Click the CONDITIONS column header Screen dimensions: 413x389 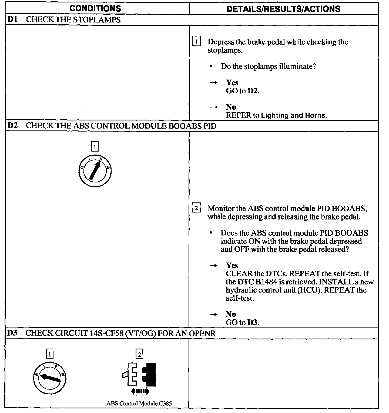click(95, 9)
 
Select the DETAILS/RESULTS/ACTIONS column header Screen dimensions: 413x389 click(283, 9)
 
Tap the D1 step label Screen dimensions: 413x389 click(12, 20)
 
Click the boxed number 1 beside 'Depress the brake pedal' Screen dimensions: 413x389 click(196, 42)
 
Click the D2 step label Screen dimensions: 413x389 click(12, 126)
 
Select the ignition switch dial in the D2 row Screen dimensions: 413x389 click(94, 171)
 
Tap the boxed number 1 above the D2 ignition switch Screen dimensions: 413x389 click(95, 147)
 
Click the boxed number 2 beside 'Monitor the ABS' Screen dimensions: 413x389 click(196, 208)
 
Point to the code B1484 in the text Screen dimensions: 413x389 click(266, 282)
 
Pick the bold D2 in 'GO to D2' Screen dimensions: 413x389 click(253, 91)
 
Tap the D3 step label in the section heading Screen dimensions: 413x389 click(12, 333)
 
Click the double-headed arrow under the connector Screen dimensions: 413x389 click(140, 391)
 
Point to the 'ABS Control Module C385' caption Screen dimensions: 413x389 click(139, 403)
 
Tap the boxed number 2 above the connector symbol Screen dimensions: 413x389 click(139, 354)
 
